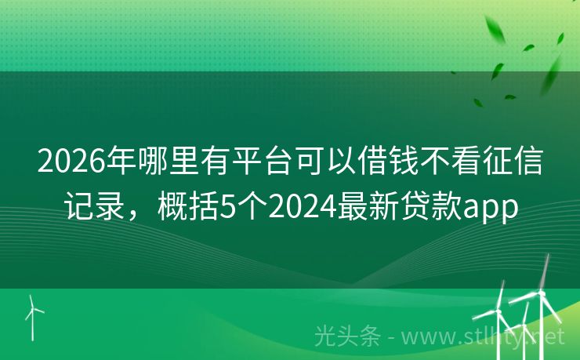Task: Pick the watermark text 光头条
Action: (x=346, y=336)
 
